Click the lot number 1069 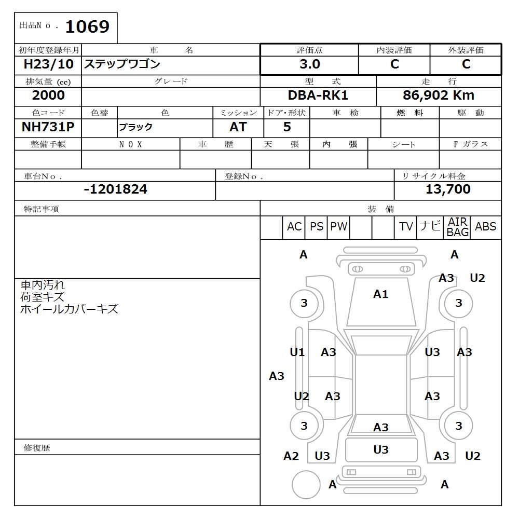(87, 26)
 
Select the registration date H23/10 (49, 64)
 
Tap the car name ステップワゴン (122, 64)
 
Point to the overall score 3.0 (309, 64)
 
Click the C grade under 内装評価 (394, 64)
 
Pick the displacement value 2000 (48, 95)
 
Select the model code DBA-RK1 (318, 95)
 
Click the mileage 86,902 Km (439, 95)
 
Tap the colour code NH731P (48, 127)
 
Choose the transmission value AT (238, 127)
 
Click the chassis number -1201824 (115, 189)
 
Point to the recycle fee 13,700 (448, 189)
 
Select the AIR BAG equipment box (458, 227)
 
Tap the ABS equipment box (486, 227)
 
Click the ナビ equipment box (430, 226)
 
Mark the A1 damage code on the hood (381, 294)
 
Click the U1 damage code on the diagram (297, 352)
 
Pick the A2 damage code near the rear (291, 456)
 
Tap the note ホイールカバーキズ (69, 309)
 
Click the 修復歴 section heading (37, 447)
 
